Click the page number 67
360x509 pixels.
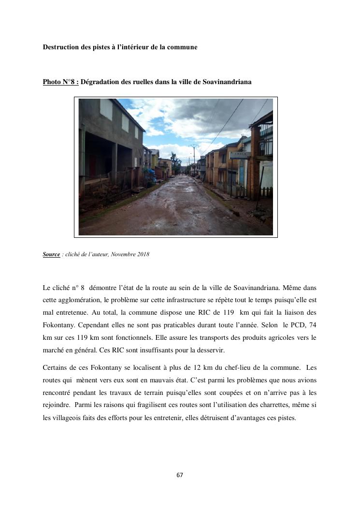[x=180, y=475]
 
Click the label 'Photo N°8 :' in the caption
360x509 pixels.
[x=60, y=82]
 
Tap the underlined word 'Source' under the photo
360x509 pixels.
[x=51, y=255]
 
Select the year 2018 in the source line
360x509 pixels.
[x=144, y=255]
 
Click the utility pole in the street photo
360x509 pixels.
[x=194, y=157]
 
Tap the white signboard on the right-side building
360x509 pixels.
[x=239, y=155]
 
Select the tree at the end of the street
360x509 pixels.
[x=176, y=162]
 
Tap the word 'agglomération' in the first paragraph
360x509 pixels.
[x=83, y=300]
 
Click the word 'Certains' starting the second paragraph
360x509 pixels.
[x=55, y=368]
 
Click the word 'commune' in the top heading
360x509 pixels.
[x=184, y=47]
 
